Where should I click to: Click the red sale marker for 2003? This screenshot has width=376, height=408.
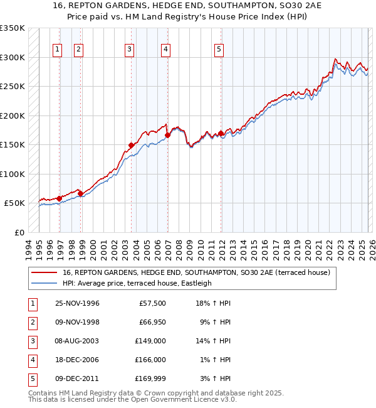[132, 145]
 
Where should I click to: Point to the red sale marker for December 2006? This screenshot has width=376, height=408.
[167, 135]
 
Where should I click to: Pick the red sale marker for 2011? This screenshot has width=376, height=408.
[221, 133]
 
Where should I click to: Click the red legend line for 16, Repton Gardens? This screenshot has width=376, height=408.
[44, 272]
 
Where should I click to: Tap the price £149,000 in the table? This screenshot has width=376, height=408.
[150, 341]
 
